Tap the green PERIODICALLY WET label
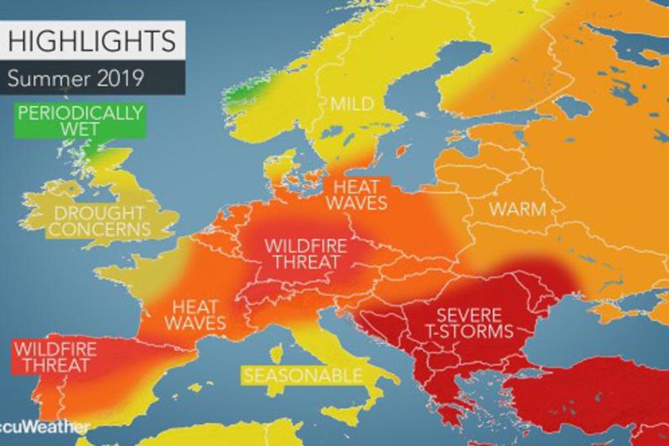(x=80, y=120)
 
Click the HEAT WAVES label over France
(x=195, y=315)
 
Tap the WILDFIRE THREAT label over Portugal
(x=55, y=356)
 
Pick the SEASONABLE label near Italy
(x=302, y=375)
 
